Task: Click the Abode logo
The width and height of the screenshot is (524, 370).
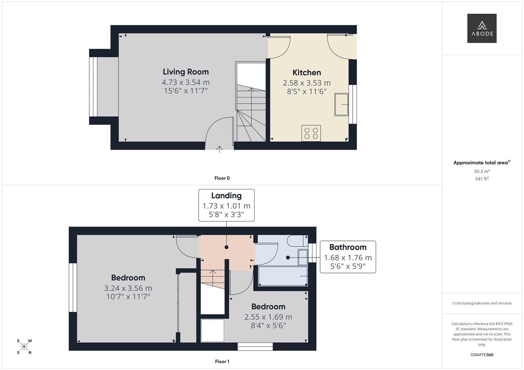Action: [x=482, y=28]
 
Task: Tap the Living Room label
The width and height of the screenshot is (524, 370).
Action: [x=186, y=72]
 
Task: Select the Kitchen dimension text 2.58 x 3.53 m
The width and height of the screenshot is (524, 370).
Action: [x=307, y=83]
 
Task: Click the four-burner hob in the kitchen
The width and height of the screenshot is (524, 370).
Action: [x=311, y=133]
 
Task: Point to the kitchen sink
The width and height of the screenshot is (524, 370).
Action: [x=341, y=104]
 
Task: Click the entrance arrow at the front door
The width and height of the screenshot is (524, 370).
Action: [x=219, y=149]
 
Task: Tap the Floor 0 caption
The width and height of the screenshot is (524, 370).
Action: [x=222, y=178]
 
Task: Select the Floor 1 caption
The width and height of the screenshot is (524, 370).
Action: [x=222, y=361]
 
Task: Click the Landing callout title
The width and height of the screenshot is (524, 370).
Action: [x=226, y=196]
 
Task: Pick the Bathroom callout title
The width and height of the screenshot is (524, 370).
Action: [x=348, y=247]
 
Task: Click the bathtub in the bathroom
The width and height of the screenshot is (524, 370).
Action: [x=283, y=276]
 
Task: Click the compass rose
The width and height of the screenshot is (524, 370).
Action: [x=24, y=347]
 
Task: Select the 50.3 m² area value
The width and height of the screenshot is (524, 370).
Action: [x=482, y=171]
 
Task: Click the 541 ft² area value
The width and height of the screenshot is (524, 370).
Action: [x=482, y=179]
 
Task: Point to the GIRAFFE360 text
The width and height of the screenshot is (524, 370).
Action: [x=482, y=355]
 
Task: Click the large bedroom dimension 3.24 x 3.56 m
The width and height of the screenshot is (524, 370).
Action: [x=128, y=288]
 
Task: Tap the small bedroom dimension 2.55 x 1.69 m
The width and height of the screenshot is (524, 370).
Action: [x=268, y=317]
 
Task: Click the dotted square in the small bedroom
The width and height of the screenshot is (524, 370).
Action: [x=212, y=331]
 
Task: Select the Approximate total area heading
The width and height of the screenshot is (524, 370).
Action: [x=482, y=163]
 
